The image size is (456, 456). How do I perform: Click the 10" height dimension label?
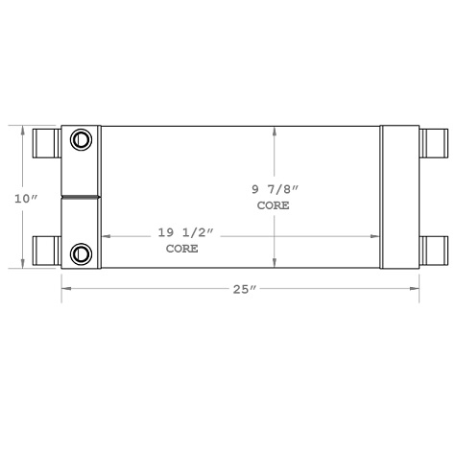pos(25,198)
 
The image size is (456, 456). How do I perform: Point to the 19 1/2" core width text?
pos(181,232)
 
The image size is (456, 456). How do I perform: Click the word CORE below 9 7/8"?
pos(273,205)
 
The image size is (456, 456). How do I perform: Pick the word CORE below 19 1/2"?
pos(181,248)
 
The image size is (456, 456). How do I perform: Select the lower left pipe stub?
pos(47,252)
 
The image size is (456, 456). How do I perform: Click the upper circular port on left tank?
pos(82,140)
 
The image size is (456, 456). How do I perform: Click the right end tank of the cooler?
pos(399,197)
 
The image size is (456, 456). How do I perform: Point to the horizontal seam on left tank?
pos(81,198)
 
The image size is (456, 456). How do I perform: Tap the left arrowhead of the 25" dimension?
pos(65,287)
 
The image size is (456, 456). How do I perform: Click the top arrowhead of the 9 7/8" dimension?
pos(275,131)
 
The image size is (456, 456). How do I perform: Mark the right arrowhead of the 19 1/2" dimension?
pos(376,235)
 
